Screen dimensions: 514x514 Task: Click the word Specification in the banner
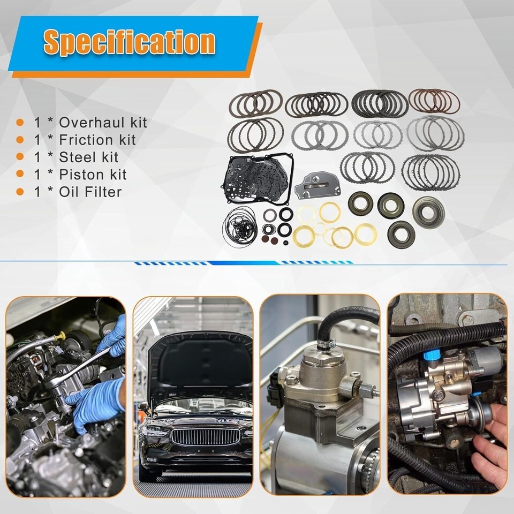pos(130,42)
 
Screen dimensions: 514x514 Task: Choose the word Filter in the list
pos(103,192)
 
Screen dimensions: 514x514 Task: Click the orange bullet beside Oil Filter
pos(20,192)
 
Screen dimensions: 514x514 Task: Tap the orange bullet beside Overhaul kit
pos(20,123)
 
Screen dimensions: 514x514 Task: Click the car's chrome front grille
pos(206,437)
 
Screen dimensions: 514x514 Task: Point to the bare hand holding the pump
pos(488,441)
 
